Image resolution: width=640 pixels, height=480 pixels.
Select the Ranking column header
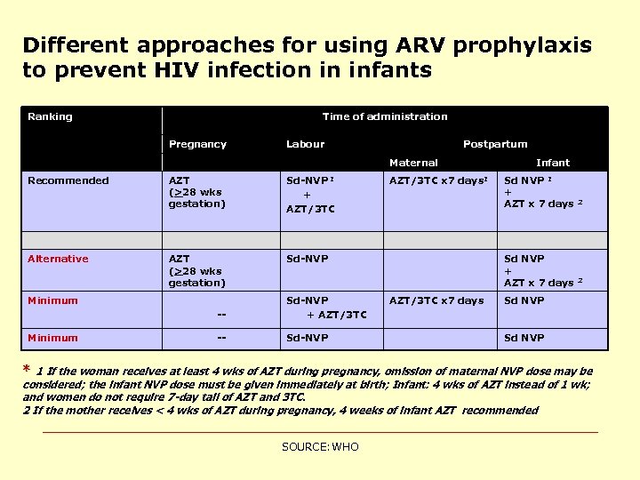coord(50,116)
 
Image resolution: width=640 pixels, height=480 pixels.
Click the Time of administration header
coord(384,116)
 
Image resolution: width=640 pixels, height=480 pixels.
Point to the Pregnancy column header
coord(197,144)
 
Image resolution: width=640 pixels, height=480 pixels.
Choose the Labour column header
coord(305,144)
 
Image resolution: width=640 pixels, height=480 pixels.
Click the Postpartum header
coord(495,144)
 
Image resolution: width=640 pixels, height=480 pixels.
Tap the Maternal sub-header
coord(413,163)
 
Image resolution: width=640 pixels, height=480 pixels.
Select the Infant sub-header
coord(552,163)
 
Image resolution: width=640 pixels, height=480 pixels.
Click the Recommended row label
coord(68,180)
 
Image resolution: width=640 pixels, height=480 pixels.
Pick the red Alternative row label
coord(58,259)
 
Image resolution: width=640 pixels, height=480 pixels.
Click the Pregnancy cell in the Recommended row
coord(196,192)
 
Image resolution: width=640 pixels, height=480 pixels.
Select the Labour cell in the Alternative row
coord(307,259)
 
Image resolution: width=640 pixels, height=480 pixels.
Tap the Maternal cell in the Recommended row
coord(438,180)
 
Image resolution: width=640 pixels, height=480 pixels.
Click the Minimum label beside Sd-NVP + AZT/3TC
coord(52,300)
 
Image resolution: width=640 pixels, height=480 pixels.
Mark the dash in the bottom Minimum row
coord(221,338)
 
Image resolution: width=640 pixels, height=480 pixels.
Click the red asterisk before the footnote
coord(26,371)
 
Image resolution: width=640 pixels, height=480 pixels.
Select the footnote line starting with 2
coord(280,411)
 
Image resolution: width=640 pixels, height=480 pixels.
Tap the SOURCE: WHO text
coord(320,446)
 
